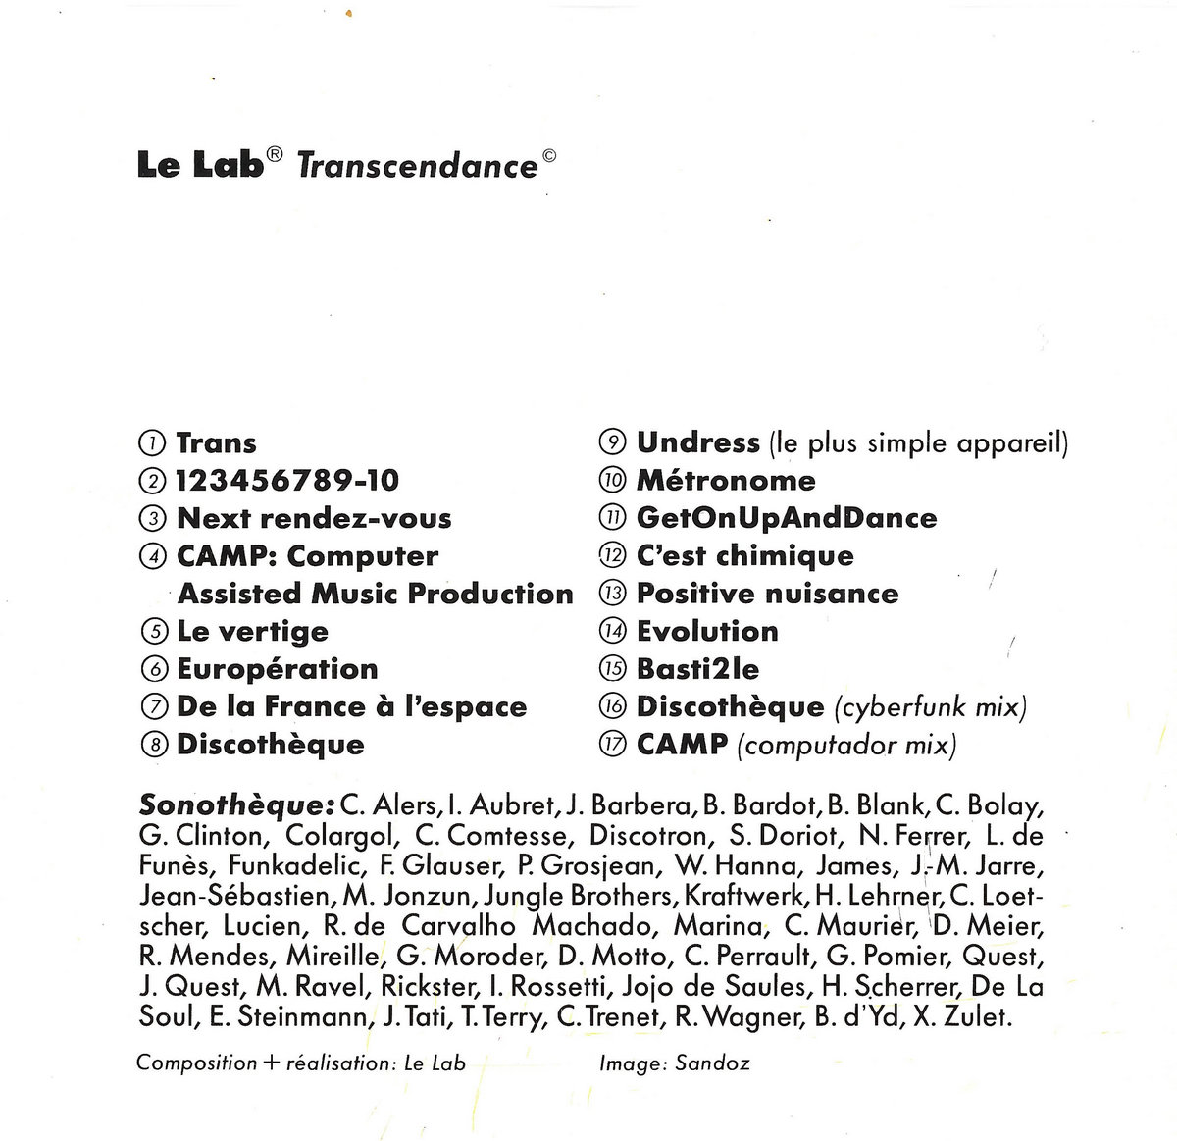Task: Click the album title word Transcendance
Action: pos(416,165)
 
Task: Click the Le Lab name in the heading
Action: pos(200,165)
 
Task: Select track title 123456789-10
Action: pos(287,481)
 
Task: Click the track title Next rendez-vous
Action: pos(314,518)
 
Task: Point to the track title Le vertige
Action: pos(252,632)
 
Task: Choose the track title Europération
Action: pos(277,669)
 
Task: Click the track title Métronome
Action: pos(726,481)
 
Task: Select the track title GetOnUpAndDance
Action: pos(787,518)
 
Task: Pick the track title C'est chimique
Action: pos(744,556)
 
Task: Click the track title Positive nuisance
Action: pos(767,594)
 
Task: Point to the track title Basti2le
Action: pos(697,669)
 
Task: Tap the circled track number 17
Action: pos(611,745)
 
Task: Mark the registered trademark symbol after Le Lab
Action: pos(276,154)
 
